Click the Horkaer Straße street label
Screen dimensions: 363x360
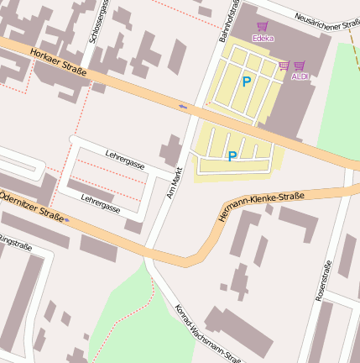(x=58, y=62)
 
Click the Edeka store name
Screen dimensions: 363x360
(x=263, y=38)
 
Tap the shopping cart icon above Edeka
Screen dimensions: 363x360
(x=263, y=27)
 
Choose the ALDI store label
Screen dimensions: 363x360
(x=300, y=76)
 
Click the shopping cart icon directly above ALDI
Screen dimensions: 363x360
(x=300, y=66)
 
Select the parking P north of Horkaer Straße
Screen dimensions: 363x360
(x=246, y=82)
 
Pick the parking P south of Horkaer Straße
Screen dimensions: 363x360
(x=232, y=155)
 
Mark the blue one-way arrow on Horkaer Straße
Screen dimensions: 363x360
(x=183, y=106)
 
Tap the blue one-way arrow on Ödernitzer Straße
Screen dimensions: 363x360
(x=68, y=221)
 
